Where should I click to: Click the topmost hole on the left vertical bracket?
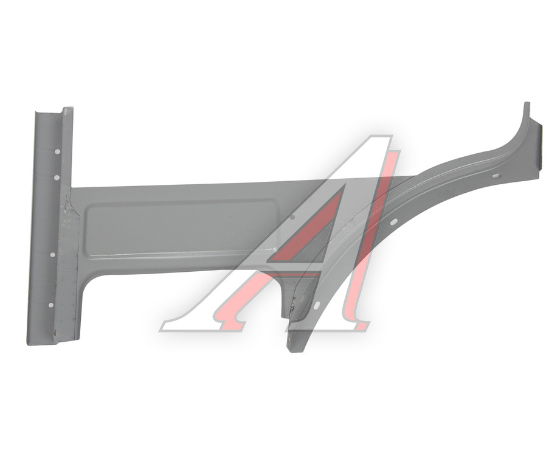coord(57,152)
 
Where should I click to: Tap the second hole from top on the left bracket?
coord(56,178)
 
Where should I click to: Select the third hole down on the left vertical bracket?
coord(52,255)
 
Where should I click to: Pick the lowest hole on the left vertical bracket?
coord(50,305)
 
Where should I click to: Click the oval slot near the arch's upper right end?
coord(496,176)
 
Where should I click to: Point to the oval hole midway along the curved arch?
coord(393,222)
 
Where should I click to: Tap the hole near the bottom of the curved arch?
coord(316,305)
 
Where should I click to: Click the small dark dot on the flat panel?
coord(292,216)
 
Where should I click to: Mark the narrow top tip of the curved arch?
coord(527,103)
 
